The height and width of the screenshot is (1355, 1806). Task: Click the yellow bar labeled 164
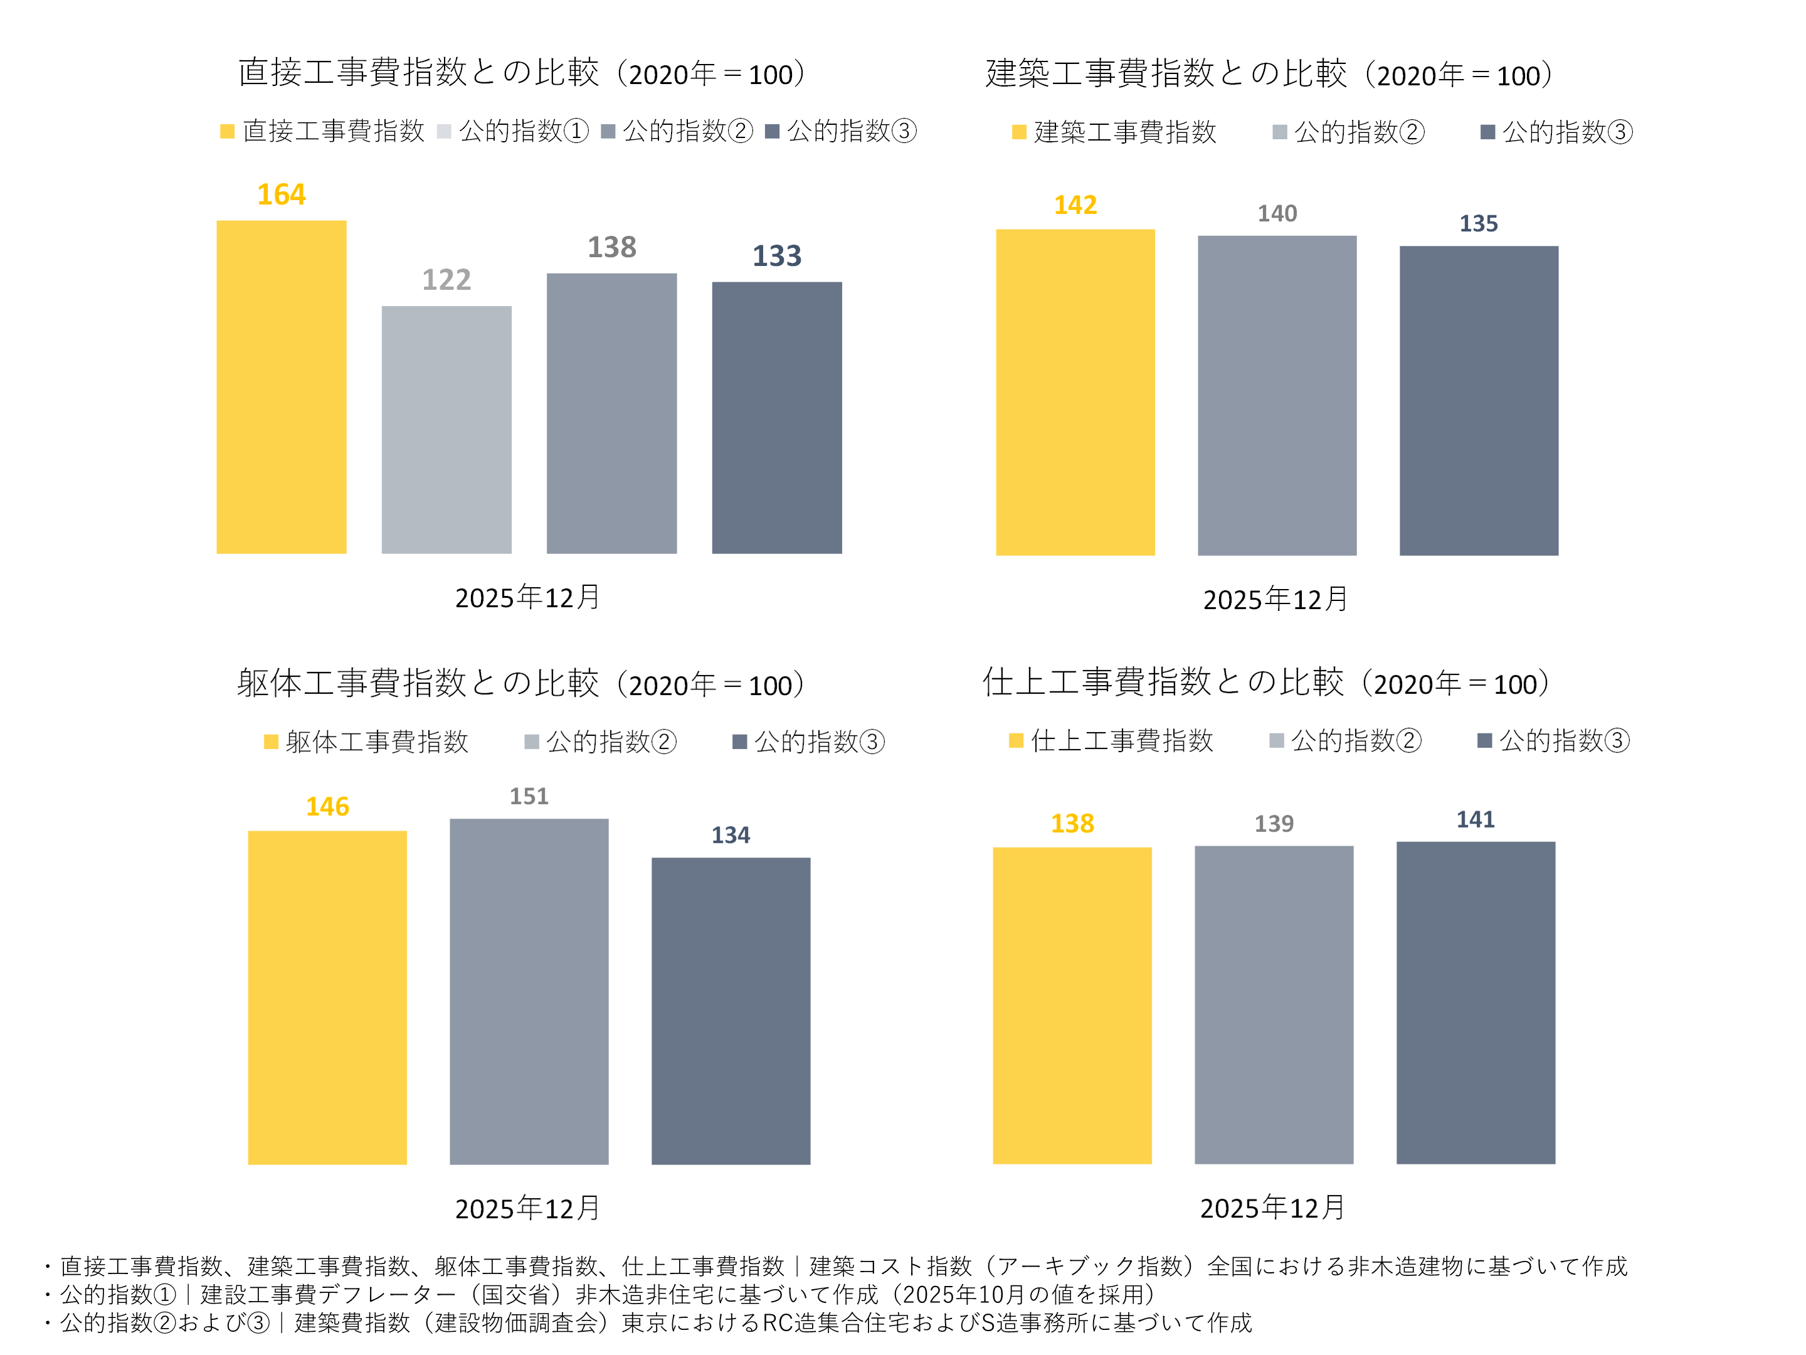pyautogui.click(x=281, y=387)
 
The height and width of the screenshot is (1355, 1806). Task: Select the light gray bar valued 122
pyautogui.click(x=446, y=430)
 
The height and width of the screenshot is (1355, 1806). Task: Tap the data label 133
pyautogui.click(x=776, y=257)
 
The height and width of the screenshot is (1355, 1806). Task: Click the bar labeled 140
pyautogui.click(x=1277, y=395)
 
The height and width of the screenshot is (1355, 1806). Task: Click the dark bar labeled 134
pyautogui.click(x=731, y=1011)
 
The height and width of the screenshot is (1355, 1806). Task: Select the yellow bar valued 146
pyautogui.click(x=327, y=997)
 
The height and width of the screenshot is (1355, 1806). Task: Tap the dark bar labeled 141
pyautogui.click(x=1476, y=1002)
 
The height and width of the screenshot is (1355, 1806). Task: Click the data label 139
pyautogui.click(x=1274, y=823)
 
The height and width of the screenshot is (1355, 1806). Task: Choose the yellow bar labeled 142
pyautogui.click(x=1075, y=392)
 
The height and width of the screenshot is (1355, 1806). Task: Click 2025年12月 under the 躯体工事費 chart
pyautogui.click(x=527, y=1208)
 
